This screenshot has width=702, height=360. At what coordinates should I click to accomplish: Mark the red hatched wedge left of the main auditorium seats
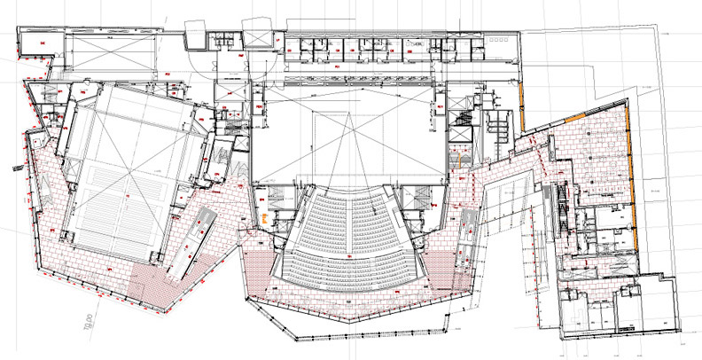point(267,266)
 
